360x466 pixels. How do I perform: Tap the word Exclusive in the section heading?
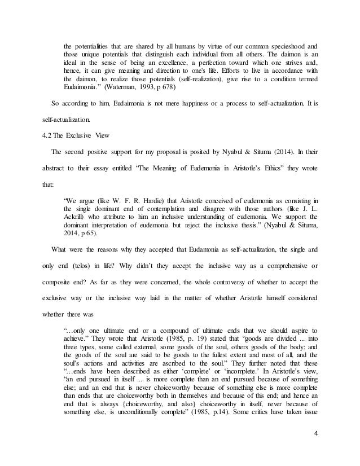click(x=84, y=136)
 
